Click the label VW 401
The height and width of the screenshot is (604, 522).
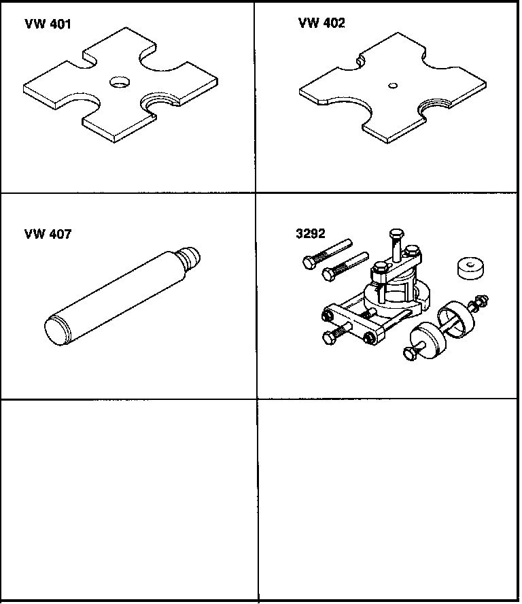pyautogui.click(x=48, y=24)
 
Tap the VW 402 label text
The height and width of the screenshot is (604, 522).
pyautogui.click(x=321, y=23)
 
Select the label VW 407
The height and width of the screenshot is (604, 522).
pyautogui.click(x=48, y=235)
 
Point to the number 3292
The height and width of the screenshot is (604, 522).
pyautogui.click(x=311, y=234)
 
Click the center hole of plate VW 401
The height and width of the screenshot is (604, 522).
pyautogui.click(x=121, y=82)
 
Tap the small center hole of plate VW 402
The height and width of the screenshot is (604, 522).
pyautogui.click(x=392, y=86)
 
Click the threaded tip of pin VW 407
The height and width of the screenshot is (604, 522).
pyautogui.click(x=191, y=257)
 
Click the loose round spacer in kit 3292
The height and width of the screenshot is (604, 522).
pyautogui.click(x=470, y=267)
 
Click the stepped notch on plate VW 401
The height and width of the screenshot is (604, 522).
pyautogui.click(x=161, y=103)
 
